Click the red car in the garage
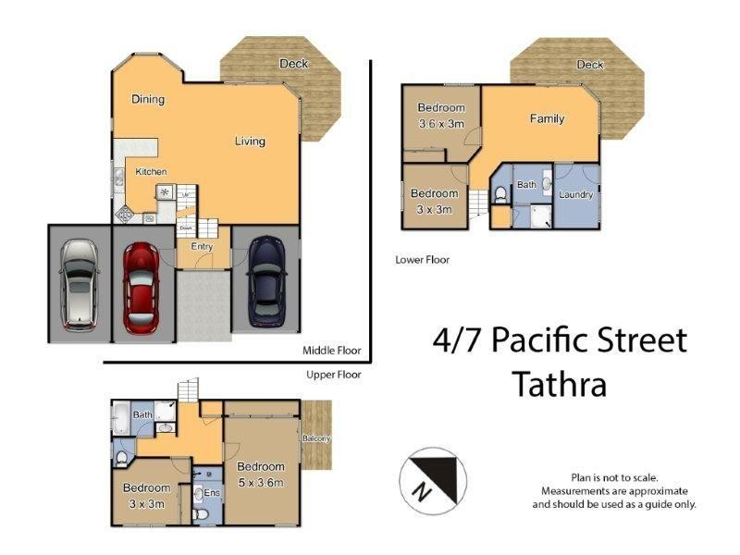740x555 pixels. [142, 286]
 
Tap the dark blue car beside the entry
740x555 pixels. [266, 281]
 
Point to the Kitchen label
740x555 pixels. [151, 172]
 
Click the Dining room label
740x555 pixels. [148, 100]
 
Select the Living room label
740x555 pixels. [250, 142]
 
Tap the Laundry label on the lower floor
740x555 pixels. [575, 195]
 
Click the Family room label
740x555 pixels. [547, 118]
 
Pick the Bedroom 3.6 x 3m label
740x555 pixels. [441, 116]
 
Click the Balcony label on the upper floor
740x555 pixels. [316, 438]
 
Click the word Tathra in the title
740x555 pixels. [560, 383]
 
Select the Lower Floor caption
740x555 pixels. [422, 260]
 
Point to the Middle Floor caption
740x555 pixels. [331, 351]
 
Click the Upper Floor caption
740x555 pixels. [333, 375]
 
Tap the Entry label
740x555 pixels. [202, 247]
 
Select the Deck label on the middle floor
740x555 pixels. [294, 63]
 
